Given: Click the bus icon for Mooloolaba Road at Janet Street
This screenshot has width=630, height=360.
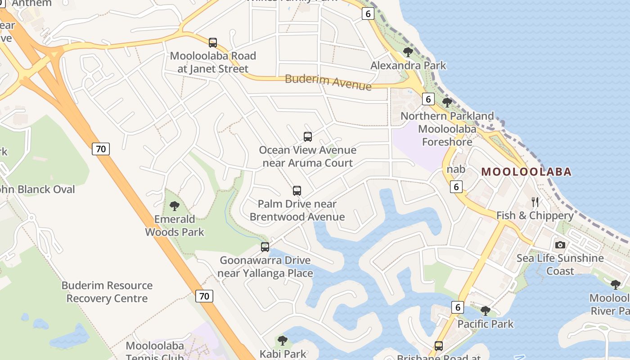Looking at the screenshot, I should (x=213, y=43).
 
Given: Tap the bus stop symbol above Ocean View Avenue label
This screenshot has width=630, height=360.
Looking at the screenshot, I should (x=308, y=137).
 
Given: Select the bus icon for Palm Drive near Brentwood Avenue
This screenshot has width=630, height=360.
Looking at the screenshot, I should (x=297, y=191).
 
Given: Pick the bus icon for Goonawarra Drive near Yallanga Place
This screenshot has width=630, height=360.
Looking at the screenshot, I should (x=265, y=247).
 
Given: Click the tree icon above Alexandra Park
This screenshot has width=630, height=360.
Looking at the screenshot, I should (x=408, y=52).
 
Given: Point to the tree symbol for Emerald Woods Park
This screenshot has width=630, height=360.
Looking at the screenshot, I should (x=175, y=206).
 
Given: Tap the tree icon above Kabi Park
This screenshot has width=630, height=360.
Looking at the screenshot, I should (x=283, y=340).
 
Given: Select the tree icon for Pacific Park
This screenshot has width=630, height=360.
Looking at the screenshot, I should (x=485, y=310).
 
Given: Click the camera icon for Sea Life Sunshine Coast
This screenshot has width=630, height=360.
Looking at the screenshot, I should (x=560, y=245).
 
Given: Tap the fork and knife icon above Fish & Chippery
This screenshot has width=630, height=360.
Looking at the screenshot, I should (x=535, y=202).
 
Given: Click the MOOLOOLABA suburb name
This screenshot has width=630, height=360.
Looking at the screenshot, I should (x=526, y=171).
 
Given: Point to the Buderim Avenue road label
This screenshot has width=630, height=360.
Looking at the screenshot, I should (x=328, y=82).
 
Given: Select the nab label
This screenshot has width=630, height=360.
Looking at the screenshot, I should (x=456, y=170).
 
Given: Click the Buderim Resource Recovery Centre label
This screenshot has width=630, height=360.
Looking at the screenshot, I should (x=107, y=292).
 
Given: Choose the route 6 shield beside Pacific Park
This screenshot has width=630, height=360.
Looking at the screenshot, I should (x=458, y=307).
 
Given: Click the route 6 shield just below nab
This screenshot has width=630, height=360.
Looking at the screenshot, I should (x=456, y=186).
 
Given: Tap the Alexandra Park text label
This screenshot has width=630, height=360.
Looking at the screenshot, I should (x=408, y=66).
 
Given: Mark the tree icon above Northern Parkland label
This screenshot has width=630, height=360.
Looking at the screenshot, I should (x=447, y=103).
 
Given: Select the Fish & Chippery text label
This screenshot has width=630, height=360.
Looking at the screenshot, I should (x=535, y=216).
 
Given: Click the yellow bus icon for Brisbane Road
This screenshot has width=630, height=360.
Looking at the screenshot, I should (x=439, y=346).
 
